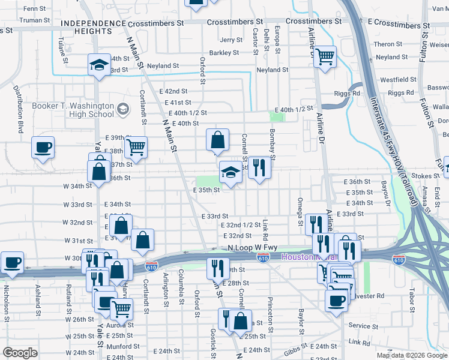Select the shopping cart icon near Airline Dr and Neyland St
(325, 57)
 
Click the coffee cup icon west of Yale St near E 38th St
(43, 147)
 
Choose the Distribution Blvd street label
(18, 116)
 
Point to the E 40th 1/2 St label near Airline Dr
(294, 109)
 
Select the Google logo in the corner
(20, 353)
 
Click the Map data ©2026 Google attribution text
(411, 355)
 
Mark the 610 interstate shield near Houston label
(263, 257)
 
